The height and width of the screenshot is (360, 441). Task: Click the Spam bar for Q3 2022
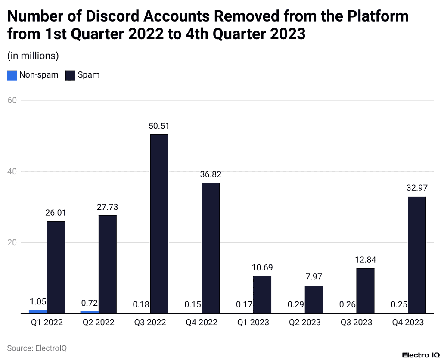[x=159, y=224]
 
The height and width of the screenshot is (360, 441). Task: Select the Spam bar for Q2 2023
[x=314, y=300]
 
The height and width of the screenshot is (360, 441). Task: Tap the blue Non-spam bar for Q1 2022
[x=38, y=311]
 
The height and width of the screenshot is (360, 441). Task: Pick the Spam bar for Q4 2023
[x=417, y=255]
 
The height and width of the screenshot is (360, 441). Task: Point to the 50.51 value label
[x=159, y=126]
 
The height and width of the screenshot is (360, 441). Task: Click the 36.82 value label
[x=210, y=174]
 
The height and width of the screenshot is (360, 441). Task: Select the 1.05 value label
[x=38, y=301]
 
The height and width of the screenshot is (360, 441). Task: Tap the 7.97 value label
[x=314, y=277]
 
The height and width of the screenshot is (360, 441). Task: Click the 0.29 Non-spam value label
[x=296, y=304]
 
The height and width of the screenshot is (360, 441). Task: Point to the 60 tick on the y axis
[x=12, y=100]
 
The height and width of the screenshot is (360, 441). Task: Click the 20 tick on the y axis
[x=12, y=242]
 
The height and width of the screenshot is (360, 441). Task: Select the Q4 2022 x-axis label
[x=201, y=322]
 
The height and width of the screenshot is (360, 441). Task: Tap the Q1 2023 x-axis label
[x=253, y=322]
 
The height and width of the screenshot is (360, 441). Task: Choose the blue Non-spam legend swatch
[x=12, y=75]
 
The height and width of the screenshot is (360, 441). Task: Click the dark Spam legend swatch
[x=70, y=75]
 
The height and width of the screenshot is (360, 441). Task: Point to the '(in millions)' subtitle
[x=33, y=56]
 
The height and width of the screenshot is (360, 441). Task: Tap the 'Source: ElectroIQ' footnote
[x=37, y=348]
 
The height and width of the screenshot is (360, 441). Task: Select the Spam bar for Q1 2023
[x=262, y=295]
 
